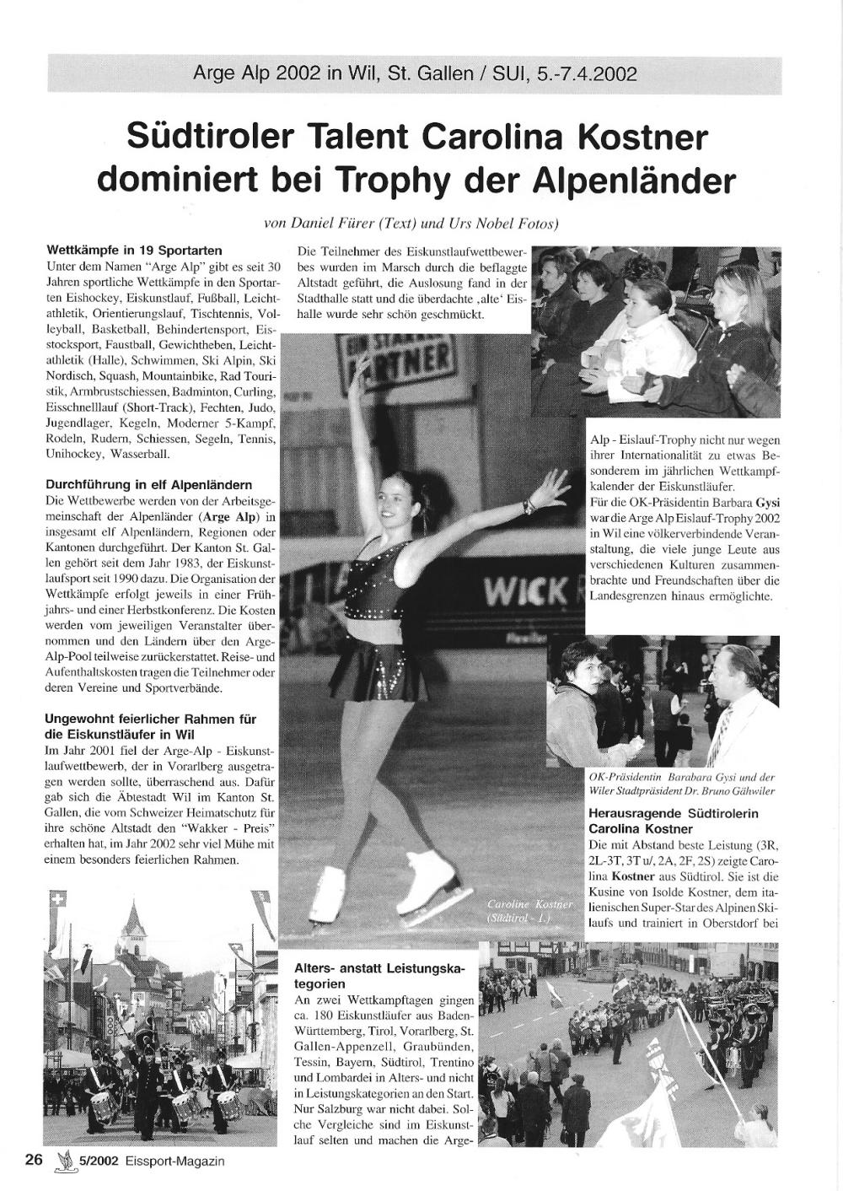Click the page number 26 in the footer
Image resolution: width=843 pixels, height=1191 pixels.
(34, 1160)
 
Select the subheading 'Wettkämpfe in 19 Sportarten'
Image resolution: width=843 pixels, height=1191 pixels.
(134, 251)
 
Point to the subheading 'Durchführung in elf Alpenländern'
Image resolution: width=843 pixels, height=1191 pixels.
(148, 485)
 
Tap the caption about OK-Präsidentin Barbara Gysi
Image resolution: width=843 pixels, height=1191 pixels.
(681, 784)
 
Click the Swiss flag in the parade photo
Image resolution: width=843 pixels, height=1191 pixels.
(58, 903)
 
